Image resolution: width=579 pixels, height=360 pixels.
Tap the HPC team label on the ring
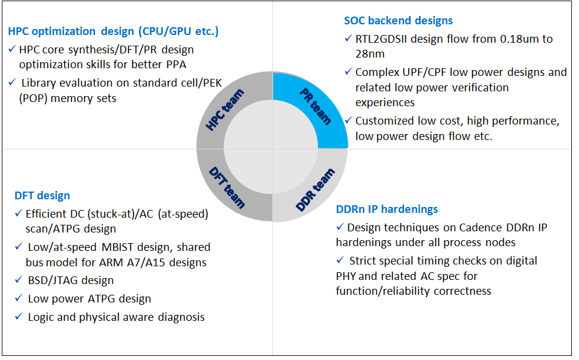click(225, 110)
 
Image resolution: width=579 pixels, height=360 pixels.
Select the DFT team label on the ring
click(227, 187)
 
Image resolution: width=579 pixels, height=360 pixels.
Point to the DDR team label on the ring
click(316, 190)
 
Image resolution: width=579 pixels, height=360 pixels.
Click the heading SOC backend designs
click(398, 21)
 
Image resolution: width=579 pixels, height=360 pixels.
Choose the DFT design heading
click(42, 195)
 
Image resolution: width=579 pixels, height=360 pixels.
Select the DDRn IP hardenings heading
click(387, 209)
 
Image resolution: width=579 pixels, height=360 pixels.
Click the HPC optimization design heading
click(113, 31)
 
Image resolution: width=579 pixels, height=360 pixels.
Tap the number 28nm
click(370, 54)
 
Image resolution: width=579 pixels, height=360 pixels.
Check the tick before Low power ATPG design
click(19, 298)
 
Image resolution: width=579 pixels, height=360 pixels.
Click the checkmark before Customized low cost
click(348, 120)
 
